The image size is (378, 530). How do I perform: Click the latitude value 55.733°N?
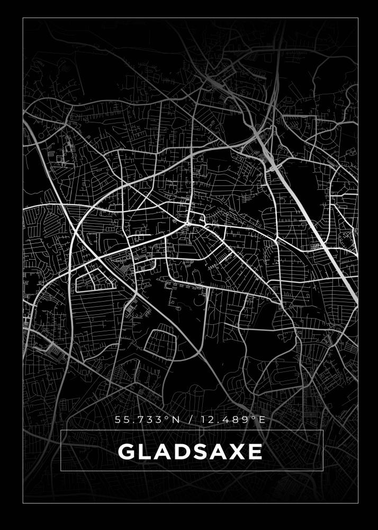[147, 420]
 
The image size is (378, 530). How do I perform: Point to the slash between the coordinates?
[190, 420]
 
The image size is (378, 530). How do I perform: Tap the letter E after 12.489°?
[261, 420]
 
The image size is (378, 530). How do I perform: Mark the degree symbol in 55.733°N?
[168, 418]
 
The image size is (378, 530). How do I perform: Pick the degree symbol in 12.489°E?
[253, 418]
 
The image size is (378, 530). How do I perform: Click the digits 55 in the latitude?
[122, 420]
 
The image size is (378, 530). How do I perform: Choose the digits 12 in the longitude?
[206, 420]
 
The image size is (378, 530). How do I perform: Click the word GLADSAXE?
[190, 452]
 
